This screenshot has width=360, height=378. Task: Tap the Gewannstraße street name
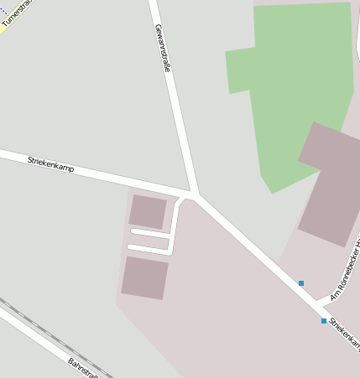[x=162, y=48]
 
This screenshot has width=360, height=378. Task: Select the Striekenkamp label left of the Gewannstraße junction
[x=50, y=163]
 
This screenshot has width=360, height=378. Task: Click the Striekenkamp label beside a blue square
[x=344, y=333]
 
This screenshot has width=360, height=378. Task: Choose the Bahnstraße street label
[x=83, y=368]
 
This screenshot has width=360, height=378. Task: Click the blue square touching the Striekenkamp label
[x=324, y=321]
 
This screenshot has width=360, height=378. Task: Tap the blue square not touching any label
[x=301, y=283]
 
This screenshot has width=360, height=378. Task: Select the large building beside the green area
[x=331, y=184]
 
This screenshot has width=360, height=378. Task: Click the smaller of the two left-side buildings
[x=148, y=212]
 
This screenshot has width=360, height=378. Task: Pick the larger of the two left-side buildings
[x=144, y=277]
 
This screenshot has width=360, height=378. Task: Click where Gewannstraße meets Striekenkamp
[x=194, y=195]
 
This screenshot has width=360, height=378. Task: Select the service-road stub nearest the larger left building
[x=149, y=248]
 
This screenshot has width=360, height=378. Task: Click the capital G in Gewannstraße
[x=157, y=28]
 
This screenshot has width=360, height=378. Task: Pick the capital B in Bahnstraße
[x=71, y=360]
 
